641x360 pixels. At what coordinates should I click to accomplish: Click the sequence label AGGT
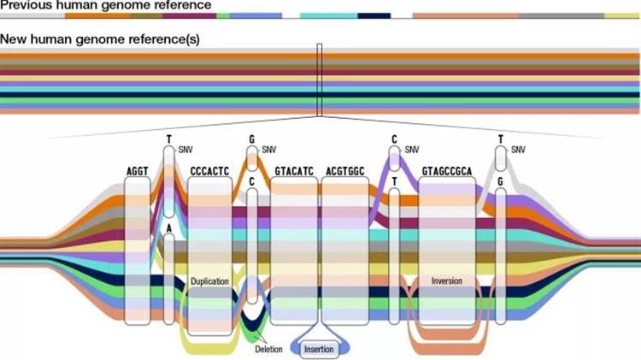click(x=137, y=171)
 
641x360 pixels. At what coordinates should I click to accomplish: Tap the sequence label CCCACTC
click(x=209, y=171)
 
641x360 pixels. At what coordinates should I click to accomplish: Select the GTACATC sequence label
click(x=294, y=171)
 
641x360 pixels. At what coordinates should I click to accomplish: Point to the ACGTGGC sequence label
click(x=345, y=171)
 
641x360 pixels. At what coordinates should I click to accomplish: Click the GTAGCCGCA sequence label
click(x=447, y=171)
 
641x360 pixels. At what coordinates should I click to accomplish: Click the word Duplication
click(x=209, y=280)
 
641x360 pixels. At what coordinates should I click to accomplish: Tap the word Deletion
click(x=268, y=349)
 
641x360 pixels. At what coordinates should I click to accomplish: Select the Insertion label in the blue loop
click(x=320, y=349)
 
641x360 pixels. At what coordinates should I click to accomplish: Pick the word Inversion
click(x=447, y=280)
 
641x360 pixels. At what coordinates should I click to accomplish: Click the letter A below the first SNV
click(x=169, y=228)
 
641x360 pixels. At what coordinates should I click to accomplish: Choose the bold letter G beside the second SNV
click(x=252, y=138)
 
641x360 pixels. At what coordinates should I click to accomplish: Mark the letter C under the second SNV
click(x=252, y=181)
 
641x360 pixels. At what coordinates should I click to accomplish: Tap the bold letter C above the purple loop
click(x=394, y=138)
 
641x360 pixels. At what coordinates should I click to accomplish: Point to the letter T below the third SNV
click(x=394, y=181)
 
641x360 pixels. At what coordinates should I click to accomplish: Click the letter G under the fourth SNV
click(x=500, y=181)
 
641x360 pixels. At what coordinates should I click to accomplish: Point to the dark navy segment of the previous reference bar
click(x=373, y=15)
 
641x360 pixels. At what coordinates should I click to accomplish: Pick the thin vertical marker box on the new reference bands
click(x=319, y=80)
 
